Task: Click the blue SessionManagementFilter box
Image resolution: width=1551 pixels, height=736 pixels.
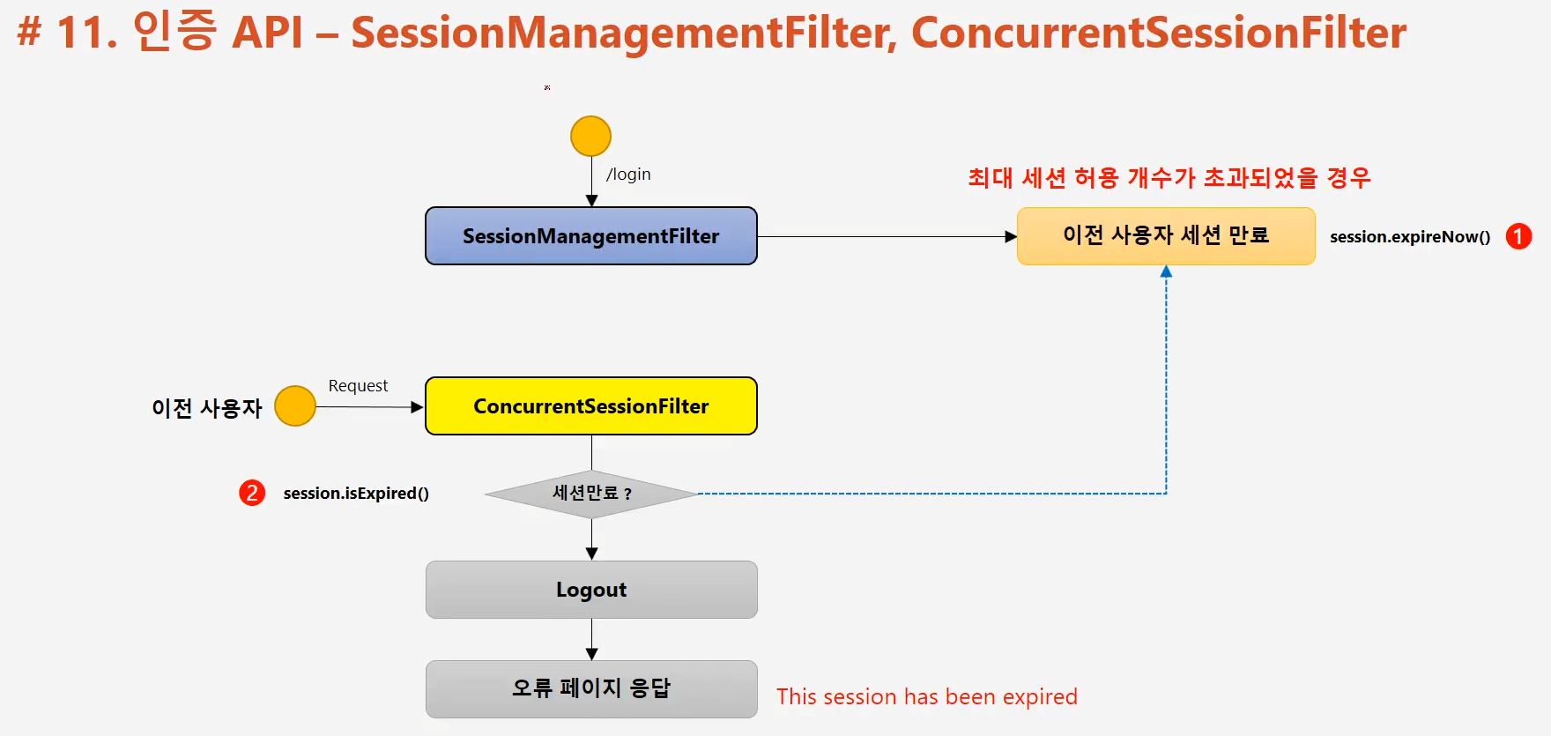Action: [x=591, y=236]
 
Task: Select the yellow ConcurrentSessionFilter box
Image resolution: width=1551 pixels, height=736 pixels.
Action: [x=591, y=406]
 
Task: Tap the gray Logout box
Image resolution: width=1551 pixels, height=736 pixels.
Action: [x=591, y=590]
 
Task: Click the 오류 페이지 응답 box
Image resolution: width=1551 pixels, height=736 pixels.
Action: [x=591, y=689]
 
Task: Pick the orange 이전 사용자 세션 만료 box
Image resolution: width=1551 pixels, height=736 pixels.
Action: [x=1166, y=236]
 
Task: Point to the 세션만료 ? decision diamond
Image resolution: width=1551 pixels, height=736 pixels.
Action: [x=591, y=494]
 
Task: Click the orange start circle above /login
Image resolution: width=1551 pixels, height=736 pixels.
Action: [x=590, y=137]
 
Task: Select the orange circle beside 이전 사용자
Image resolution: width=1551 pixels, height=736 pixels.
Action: [x=295, y=406]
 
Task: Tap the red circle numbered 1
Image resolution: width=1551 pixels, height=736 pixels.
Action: [x=1518, y=236]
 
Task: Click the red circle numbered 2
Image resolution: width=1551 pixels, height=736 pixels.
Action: [x=252, y=493]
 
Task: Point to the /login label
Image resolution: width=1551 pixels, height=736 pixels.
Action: [x=628, y=175]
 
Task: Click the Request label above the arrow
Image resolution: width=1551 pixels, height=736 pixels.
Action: [x=358, y=386]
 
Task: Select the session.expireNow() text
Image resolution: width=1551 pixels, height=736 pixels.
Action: [x=1410, y=236]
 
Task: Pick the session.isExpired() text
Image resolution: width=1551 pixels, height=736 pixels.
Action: [x=356, y=494]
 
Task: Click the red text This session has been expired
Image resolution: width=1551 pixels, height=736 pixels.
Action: [x=927, y=696]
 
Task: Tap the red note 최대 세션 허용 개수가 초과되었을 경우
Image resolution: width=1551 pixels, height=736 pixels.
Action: [x=1169, y=178]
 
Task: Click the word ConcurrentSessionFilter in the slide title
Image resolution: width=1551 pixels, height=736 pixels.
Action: [x=1159, y=33]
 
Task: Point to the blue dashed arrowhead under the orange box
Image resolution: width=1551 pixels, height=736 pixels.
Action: [x=1166, y=271]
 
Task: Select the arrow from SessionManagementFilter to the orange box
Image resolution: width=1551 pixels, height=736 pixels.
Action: [x=887, y=236]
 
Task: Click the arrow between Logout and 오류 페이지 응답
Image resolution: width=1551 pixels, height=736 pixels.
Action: [x=591, y=640]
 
